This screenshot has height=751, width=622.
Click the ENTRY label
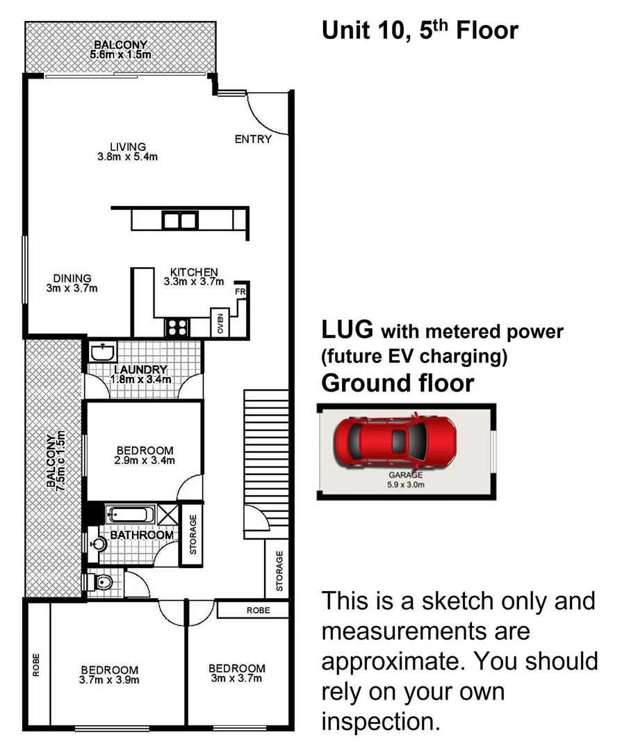(253, 139)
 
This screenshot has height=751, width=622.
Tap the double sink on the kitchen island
(180, 220)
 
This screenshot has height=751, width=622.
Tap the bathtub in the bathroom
(130, 515)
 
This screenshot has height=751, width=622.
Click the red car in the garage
(395, 441)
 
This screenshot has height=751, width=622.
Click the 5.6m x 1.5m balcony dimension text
(122, 54)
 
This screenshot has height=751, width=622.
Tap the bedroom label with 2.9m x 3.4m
(145, 455)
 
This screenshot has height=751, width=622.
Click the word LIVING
(128, 147)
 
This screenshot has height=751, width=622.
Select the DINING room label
(72, 278)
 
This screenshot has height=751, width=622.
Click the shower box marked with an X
(167, 515)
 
